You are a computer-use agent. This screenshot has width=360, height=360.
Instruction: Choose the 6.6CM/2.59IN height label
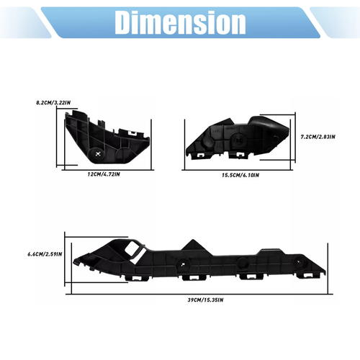[45, 253]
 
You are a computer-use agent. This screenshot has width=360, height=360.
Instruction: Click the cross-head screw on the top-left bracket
[98, 152]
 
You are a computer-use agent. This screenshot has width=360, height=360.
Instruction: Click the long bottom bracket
[202, 263]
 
